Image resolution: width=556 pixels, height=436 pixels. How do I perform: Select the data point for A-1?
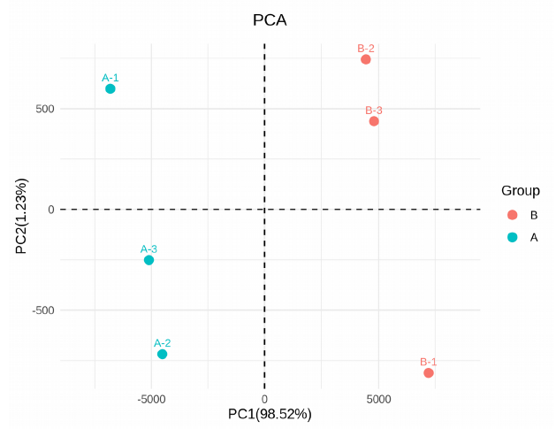coord(110,89)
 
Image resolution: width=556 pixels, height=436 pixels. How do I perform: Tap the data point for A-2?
coord(162,355)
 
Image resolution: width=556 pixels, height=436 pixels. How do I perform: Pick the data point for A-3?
coord(149,260)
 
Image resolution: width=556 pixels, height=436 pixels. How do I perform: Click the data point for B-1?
coord(429,373)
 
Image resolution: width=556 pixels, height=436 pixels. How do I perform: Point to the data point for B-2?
coord(366,59)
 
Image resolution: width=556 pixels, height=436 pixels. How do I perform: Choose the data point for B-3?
coord(374,121)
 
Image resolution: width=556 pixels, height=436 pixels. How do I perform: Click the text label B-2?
coord(366,48)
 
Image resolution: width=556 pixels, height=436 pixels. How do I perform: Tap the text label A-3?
coord(149,249)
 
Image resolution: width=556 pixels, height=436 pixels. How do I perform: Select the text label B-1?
coord(429,362)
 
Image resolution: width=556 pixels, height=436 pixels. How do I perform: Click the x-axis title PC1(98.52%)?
coord(270,414)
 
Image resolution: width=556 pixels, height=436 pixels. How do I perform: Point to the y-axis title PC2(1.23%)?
coord(21,217)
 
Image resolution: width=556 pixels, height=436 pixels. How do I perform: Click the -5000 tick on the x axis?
coord(151,399)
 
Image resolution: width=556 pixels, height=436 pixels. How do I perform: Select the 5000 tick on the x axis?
coord(378,399)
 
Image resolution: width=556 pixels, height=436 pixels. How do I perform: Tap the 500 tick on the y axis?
coord(45,110)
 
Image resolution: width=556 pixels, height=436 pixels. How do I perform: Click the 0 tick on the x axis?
coord(264,399)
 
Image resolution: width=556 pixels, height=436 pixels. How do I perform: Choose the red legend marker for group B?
coord(512,215)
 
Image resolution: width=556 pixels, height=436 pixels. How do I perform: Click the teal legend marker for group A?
coord(512,237)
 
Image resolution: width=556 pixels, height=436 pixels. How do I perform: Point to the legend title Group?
coord(521,190)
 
